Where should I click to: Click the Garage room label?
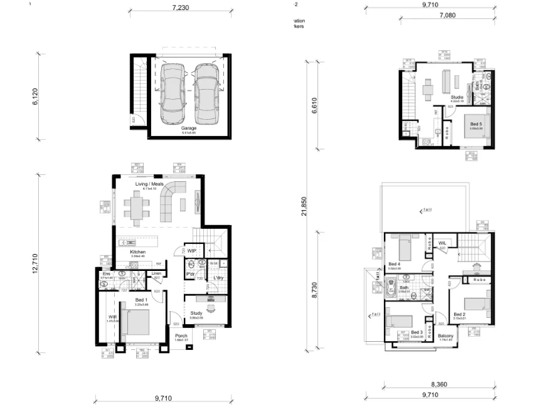coord(189,128)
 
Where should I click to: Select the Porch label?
coord(181,336)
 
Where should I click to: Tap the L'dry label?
coord(219,277)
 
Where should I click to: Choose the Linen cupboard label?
coord(156,273)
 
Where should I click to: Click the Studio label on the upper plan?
coord(457,97)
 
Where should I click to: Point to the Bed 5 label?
coord(475,124)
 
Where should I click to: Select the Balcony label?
coord(446,336)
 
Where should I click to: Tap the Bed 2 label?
coord(460,314)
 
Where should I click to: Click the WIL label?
coord(442,243)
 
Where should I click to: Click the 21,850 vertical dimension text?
coord(304,206)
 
